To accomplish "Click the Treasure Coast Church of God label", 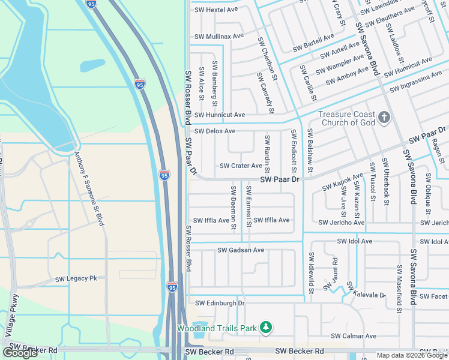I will click(346, 118).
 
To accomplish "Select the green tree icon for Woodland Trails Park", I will click(265, 327).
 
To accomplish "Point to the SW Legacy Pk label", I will click(76, 279).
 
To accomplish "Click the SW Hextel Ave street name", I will click(215, 10).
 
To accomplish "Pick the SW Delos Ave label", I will click(215, 131).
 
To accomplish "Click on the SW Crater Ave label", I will click(241, 166).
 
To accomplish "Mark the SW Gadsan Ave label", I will click(241, 250).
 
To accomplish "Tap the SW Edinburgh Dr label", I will click(220, 303).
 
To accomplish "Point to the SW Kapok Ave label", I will click(343, 182).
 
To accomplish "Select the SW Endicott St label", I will click(294, 152).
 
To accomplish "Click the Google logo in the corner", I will click(21, 352).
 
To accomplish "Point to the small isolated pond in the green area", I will click(92, 65).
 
